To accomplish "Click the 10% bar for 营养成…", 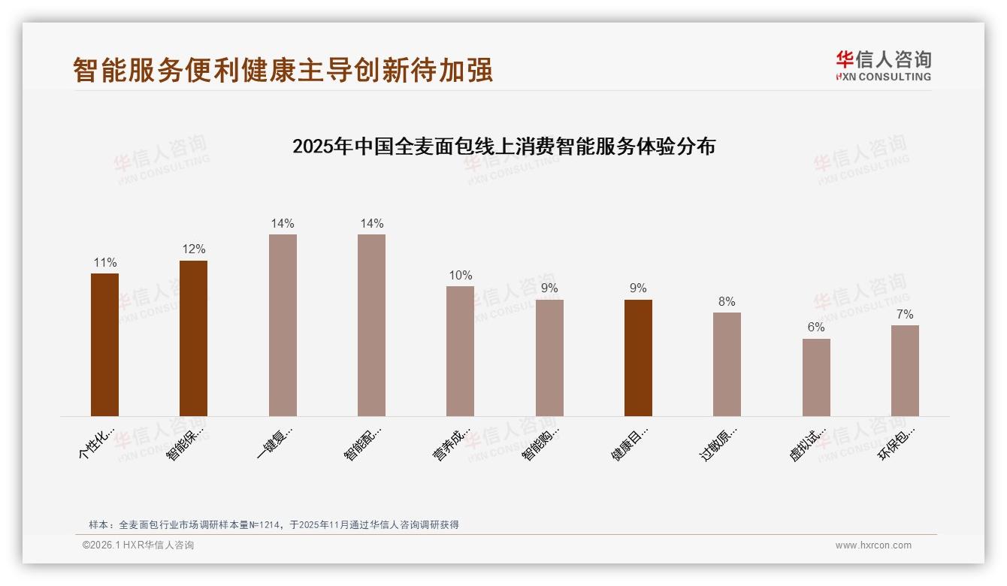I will [460, 351].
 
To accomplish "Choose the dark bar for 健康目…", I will [638, 358].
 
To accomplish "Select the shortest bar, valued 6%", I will [816, 377].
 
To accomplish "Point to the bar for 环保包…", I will [905, 370].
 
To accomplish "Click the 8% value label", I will [727, 301].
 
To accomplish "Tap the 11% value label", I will [104, 262].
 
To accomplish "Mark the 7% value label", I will [905, 314].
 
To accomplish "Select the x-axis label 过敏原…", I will [719, 443].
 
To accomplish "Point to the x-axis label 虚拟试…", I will [808, 443].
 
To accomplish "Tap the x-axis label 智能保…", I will [186, 443].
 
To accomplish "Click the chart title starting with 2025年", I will [503, 146].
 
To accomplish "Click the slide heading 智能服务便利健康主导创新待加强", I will [283, 70].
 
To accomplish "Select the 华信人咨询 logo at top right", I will [883, 65].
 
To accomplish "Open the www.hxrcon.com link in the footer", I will [873, 545].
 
